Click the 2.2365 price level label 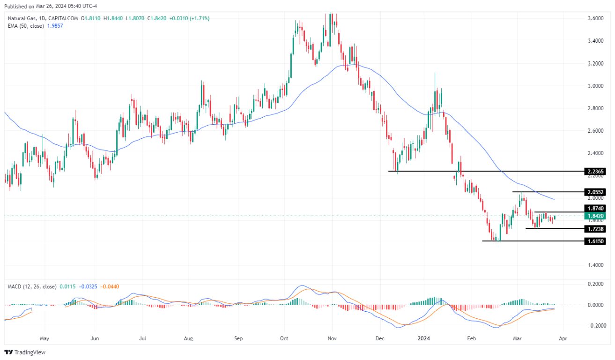tap(595, 172)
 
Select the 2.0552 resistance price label tap(595, 192)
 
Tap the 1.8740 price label tap(595, 208)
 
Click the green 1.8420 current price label tap(595, 216)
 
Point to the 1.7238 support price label tap(595, 229)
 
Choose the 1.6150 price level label tap(595, 241)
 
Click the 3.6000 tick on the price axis tap(595, 18)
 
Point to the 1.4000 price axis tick tap(595, 265)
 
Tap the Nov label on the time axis tap(332, 337)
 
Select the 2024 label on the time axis tap(424, 337)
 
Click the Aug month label tap(189, 337)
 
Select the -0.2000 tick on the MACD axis tap(594, 326)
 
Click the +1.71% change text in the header tap(199, 18)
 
